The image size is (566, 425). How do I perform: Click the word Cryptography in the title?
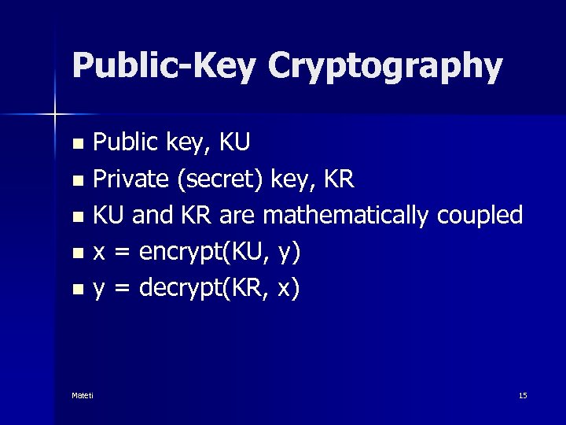[384, 66]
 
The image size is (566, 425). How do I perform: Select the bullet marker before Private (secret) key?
[77, 181]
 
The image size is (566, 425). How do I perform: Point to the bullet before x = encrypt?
[77, 253]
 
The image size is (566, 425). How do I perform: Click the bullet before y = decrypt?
[77, 290]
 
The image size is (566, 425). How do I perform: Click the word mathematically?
[347, 216]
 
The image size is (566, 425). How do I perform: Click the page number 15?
[523, 395]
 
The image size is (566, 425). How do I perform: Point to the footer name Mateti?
[83, 395]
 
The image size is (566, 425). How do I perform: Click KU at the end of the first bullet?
[234, 142]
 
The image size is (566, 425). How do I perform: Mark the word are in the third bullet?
[240, 215]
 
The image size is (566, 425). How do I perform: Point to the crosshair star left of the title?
[55, 115]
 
